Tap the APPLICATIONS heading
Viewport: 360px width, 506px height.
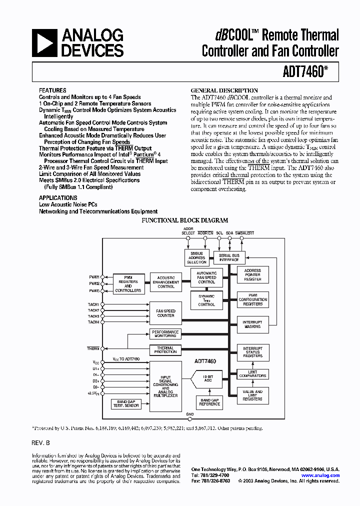[58, 198]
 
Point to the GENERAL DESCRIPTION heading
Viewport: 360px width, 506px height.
[224, 90]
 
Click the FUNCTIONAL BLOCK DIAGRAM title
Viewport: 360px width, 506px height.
[185, 220]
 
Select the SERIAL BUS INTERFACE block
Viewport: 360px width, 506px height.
[229, 258]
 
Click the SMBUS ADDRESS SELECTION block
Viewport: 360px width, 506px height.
[196, 258]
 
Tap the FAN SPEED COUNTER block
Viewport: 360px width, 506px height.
[165, 313]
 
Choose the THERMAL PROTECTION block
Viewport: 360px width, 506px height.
[165, 350]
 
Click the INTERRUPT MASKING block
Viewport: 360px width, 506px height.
[252, 324]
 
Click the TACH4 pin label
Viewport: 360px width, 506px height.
[93, 322]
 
